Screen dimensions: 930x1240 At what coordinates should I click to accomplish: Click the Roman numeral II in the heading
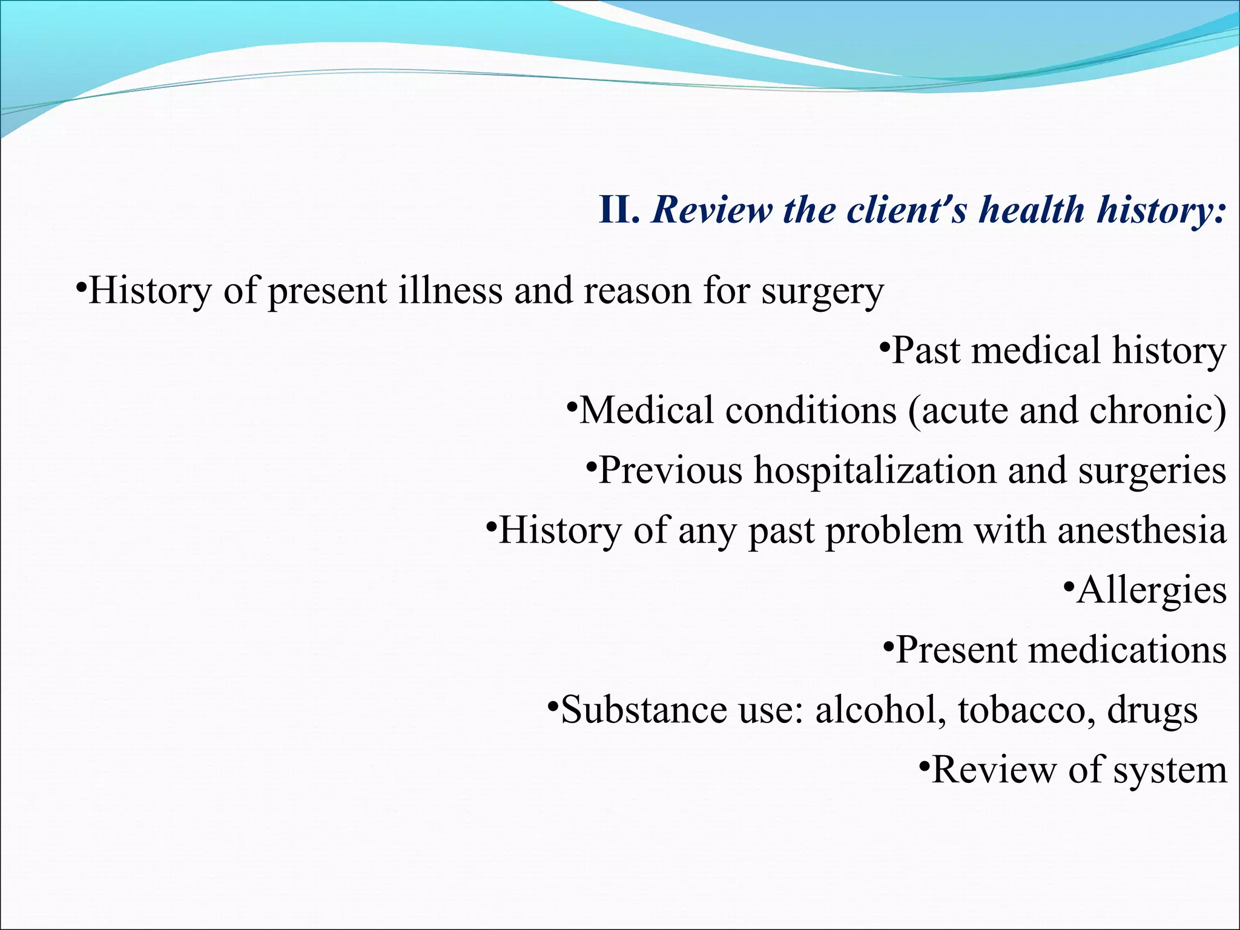pos(618,210)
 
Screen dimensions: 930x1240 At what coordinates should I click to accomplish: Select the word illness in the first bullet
pos(450,291)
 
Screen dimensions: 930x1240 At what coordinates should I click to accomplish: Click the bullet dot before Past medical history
pos(885,348)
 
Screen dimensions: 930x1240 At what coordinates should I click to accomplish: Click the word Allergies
pos(1152,590)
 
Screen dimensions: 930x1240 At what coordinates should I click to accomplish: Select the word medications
pos(1127,650)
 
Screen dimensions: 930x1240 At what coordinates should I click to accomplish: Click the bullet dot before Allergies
pos(1069,587)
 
